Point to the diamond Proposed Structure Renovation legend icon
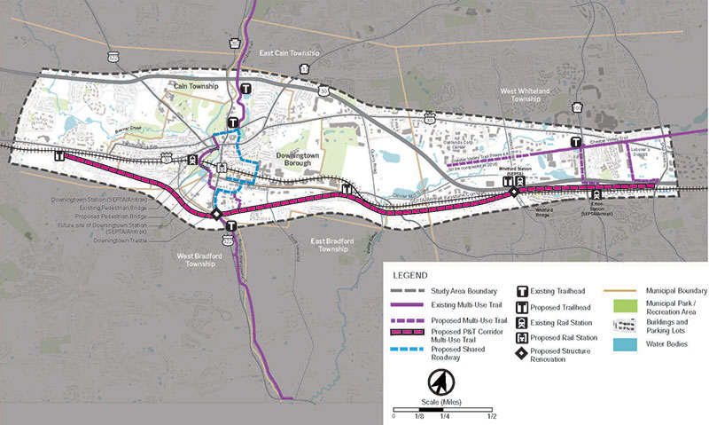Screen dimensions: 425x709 tap(524, 354)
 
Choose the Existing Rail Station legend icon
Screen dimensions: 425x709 tap(524, 322)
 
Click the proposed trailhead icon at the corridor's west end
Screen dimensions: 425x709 tap(59, 155)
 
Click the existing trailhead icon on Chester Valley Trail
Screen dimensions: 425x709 tap(576, 141)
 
